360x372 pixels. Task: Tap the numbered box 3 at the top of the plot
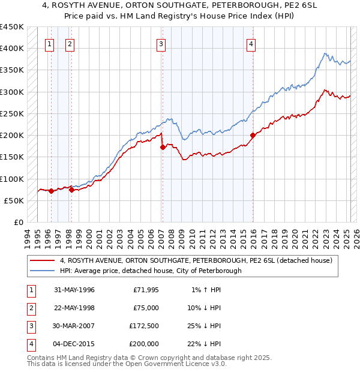pos(161,43)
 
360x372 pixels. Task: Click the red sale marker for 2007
pos(163,147)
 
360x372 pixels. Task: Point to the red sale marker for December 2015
pos(253,135)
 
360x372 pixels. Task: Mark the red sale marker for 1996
pos(51,191)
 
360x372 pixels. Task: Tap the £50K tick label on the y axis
pos(14,200)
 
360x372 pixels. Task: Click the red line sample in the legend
pos(43,260)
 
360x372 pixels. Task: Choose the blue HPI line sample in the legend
pos(43,271)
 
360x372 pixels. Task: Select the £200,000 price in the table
pos(144,344)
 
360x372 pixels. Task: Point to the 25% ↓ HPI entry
pos(206,326)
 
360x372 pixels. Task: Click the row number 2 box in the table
pos(30,308)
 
